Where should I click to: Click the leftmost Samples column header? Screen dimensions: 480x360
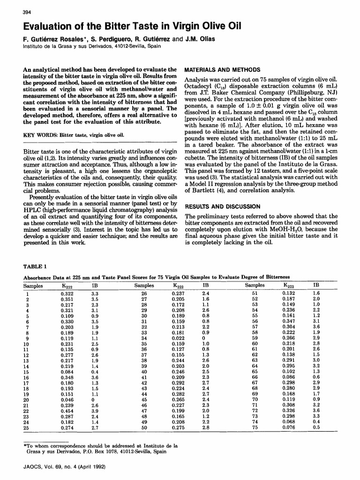click(33, 285)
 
